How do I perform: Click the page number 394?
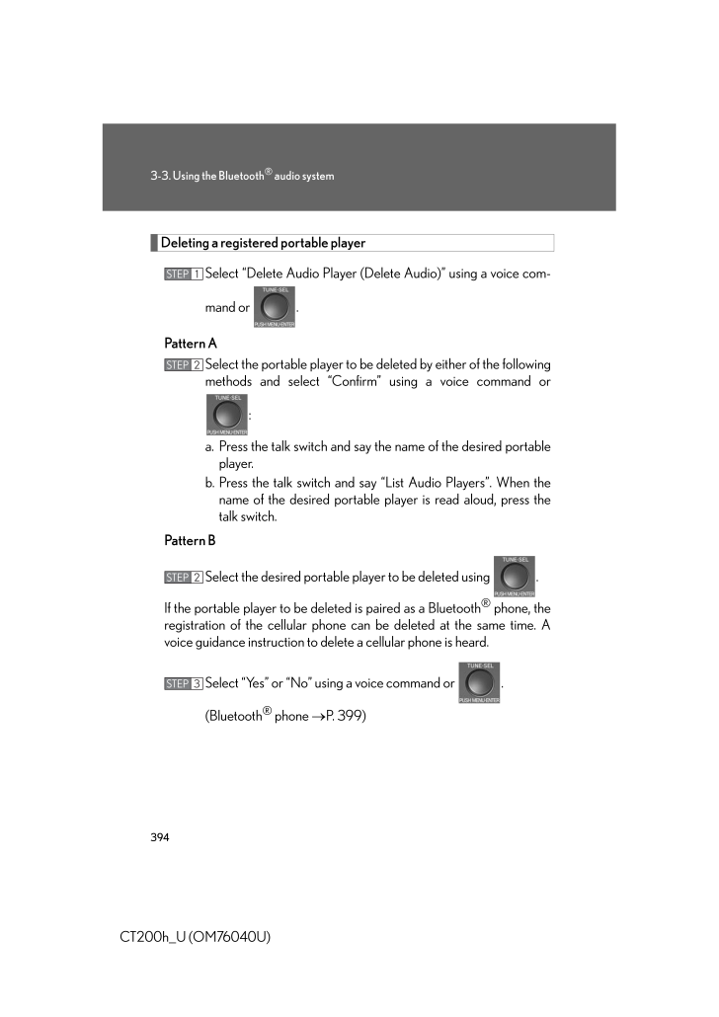click(160, 837)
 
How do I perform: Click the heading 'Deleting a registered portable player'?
click(263, 243)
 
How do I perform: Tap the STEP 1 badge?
click(184, 274)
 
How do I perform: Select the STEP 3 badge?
click(184, 683)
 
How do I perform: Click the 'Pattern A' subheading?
click(191, 344)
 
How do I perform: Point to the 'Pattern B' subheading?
click(190, 540)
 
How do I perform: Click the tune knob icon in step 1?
click(275, 307)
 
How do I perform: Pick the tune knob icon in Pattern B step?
click(513, 577)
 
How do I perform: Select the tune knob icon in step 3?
click(479, 683)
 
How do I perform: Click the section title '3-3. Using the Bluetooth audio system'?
click(242, 176)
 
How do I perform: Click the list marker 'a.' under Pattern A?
click(210, 446)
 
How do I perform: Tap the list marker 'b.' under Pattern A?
click(210, 483)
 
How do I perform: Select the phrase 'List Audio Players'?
click(438, 483)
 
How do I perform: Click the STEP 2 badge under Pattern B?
click(184, 577)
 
